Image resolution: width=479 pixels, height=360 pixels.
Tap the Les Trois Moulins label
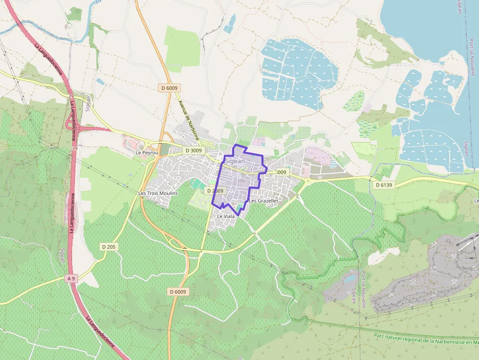click(x=158, y=193)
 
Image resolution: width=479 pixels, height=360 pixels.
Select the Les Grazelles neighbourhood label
click(x=263, y=201)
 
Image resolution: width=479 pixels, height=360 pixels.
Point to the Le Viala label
click(x=226, y=216)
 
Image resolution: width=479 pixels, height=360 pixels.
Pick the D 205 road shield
click(x=109, y=247)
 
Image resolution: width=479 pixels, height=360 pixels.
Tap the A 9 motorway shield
click(x=71, y=278)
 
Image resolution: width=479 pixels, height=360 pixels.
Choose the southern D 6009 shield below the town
click(x=177, y=292)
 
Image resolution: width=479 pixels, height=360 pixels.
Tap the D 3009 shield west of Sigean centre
click(x=193, y=150)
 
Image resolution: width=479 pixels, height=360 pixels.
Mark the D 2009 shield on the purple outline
click(x=215, y=191)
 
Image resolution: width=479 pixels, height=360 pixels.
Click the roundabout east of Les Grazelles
click(x=308, y=181)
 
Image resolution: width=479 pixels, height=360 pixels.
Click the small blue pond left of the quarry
click(x=350, y=279)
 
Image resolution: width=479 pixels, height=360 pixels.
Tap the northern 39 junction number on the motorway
click(x=71, y=97)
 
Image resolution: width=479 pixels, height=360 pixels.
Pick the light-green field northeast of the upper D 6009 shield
click(x=182, y=46)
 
